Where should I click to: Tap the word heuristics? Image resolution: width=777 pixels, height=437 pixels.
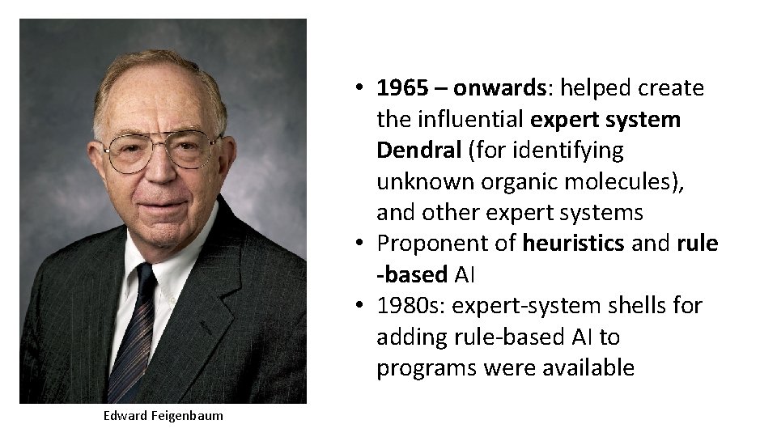coord(572,244)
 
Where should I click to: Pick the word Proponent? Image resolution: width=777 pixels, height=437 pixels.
coord(428,244)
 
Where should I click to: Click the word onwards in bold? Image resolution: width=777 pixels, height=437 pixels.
coord(504,88)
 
